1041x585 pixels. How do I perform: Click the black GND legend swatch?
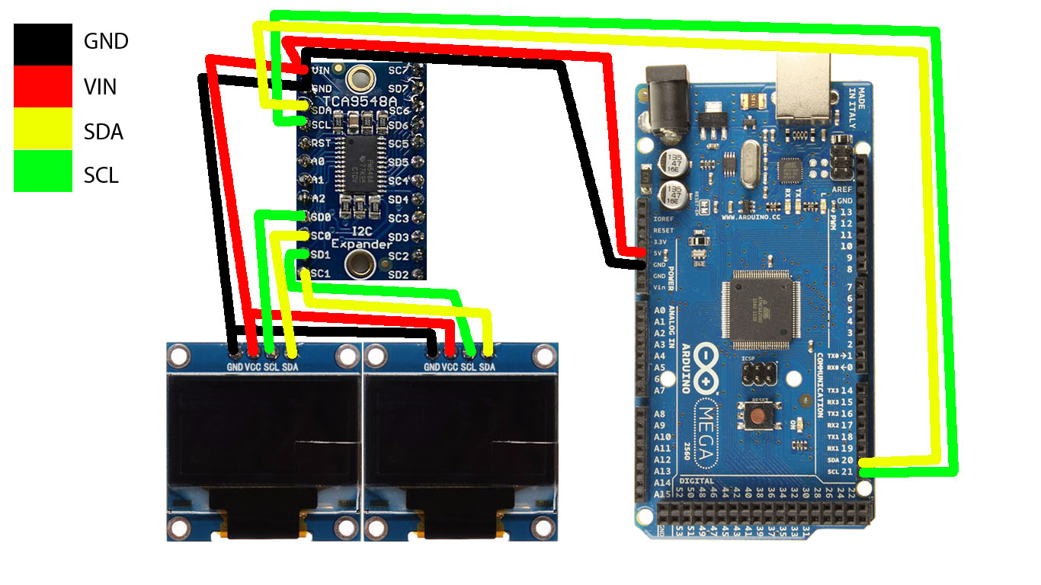pos(43,41)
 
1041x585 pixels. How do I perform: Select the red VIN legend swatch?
pos(43,85)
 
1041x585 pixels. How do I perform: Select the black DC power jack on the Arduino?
pos(666,94)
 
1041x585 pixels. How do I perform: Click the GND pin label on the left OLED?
pos(234,367)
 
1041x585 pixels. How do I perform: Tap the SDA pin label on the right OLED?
pos(488,367)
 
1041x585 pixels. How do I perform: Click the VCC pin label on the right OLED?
pos(450,367)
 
